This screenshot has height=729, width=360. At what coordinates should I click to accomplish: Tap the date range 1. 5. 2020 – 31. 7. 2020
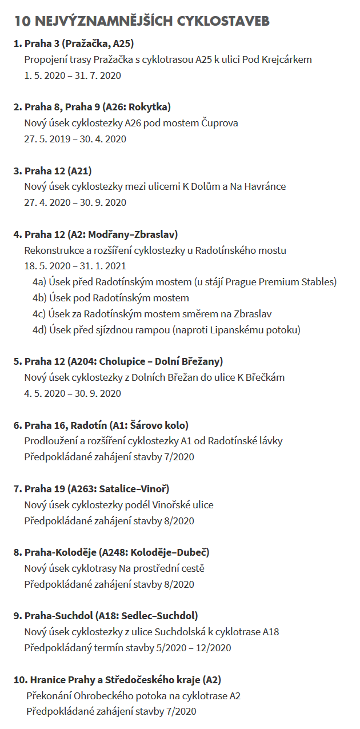tap(73, 75)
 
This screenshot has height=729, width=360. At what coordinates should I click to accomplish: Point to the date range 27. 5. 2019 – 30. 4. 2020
tap(75, 139)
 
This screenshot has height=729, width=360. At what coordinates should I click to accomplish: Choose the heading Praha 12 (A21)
tap(58, 170)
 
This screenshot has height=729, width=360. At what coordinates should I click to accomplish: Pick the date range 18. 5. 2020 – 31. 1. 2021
tap(75, 266)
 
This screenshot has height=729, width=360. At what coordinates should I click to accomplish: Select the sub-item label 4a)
tap(39, 282)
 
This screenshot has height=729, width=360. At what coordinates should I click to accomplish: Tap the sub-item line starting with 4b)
tap(111, 298)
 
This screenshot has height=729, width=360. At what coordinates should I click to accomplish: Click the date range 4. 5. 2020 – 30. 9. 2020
tap(73, 393)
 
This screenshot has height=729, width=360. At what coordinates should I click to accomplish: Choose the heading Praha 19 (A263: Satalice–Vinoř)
tap(97, 489)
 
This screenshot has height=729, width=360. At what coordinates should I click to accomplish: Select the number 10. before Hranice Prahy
tap(21, 680)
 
